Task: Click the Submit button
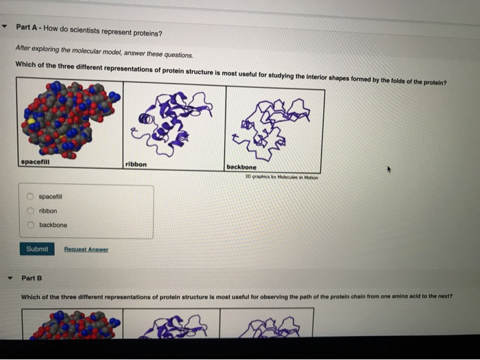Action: click(37, 249)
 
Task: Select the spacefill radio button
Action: click(30, 196)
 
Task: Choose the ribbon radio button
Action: click(30, 211)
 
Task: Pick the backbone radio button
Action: click(31, 225)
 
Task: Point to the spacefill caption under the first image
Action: click(35, 163)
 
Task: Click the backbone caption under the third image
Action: click(241, 167)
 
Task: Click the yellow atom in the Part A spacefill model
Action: click(32, 121)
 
